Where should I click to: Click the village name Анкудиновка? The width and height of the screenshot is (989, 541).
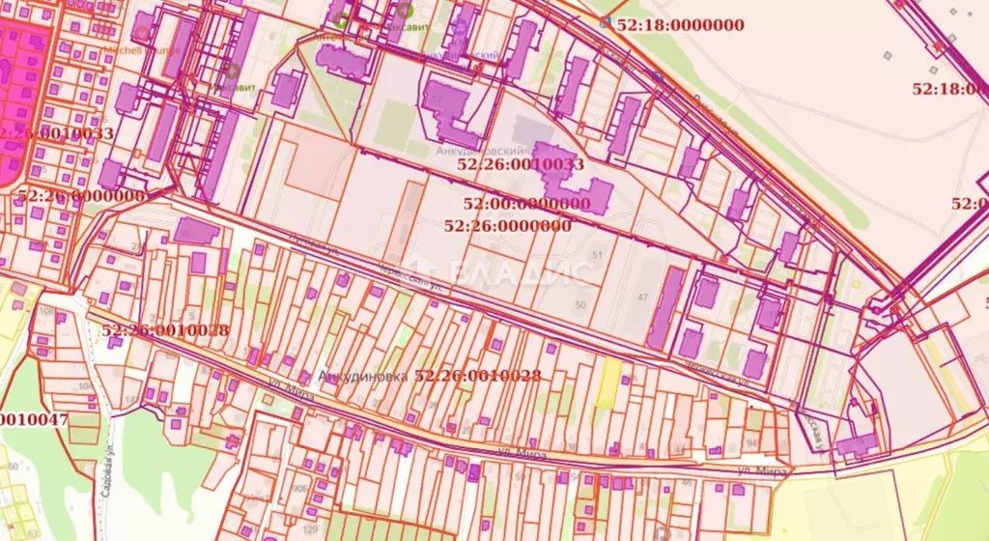coord(362,376)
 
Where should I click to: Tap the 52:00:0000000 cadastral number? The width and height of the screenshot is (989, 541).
coord(526,204)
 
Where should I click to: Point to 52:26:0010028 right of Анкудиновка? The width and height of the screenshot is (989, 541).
coord(478,376)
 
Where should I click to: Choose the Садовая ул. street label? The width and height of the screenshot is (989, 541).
coord(103,498)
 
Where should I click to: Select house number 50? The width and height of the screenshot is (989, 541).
coord(580,305)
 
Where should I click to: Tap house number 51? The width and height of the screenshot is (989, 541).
coord(597,255)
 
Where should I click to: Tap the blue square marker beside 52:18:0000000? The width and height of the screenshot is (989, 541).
coord(606,22)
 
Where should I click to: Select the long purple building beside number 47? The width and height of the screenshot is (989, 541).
coord(666,307)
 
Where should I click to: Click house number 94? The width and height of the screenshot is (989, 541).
coord(752,443)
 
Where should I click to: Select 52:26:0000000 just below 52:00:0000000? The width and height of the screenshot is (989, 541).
coord(507,225)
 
